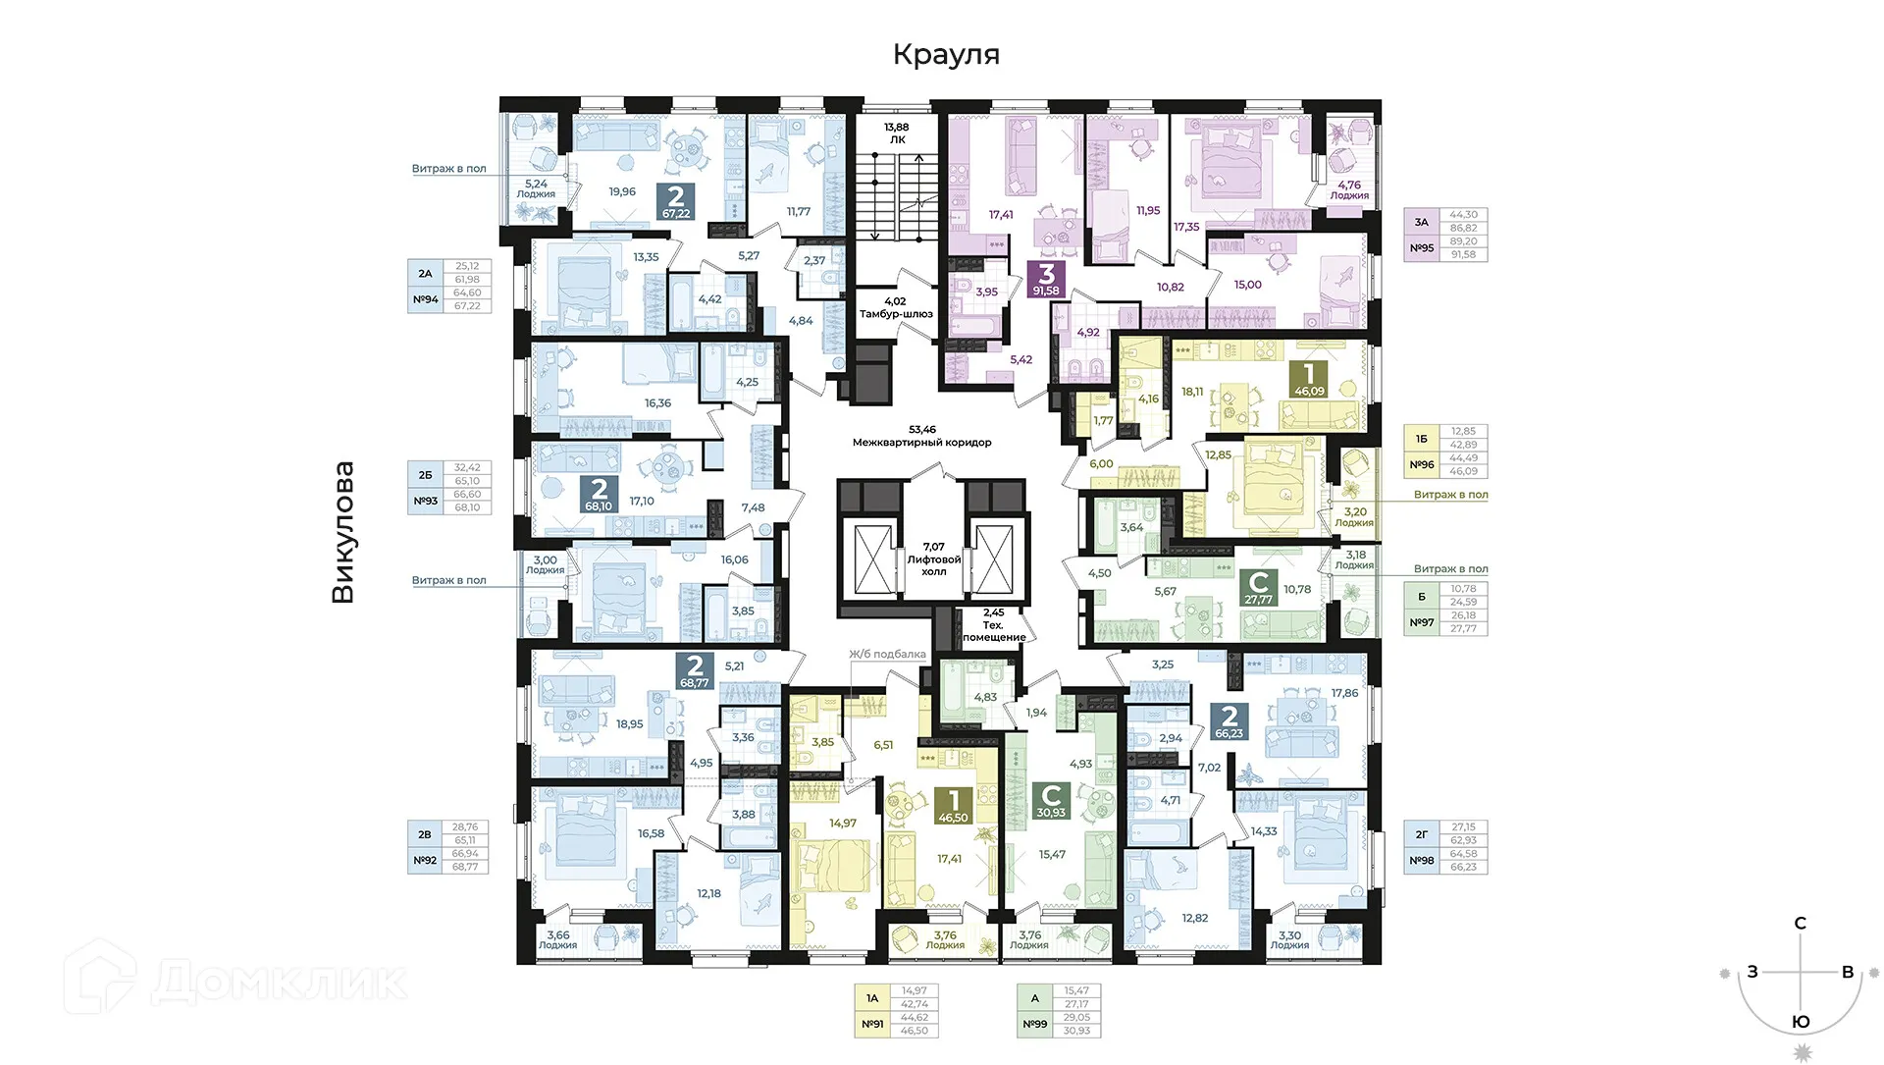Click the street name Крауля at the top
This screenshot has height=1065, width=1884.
(945, 54)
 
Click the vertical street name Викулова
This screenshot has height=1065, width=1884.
(342, 532)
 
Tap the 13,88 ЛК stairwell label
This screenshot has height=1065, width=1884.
(896, 133)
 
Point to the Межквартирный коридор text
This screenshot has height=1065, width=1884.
(921, 442)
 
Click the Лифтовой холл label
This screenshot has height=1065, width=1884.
(933, 559)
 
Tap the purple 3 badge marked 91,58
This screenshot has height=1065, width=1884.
(1046, 279)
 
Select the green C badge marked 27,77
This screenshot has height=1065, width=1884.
(1258, 588)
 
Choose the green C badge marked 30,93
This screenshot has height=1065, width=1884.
(1051, 800)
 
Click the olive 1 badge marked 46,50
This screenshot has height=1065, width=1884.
(953, 806)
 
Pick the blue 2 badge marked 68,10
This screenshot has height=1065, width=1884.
(599, 494)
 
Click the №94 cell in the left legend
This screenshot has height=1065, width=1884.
(425, 299)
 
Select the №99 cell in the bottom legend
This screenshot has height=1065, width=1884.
(1034, 1024)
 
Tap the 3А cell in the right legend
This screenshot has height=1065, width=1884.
(1421, 222)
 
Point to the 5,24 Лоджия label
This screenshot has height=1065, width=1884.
(536, 188)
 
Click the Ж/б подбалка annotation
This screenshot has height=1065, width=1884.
(887, 654)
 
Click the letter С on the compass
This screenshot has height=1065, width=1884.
(1800, 923)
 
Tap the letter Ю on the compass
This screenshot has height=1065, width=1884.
(1801, 1022)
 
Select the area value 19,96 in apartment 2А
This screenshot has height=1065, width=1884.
(621, 191)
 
